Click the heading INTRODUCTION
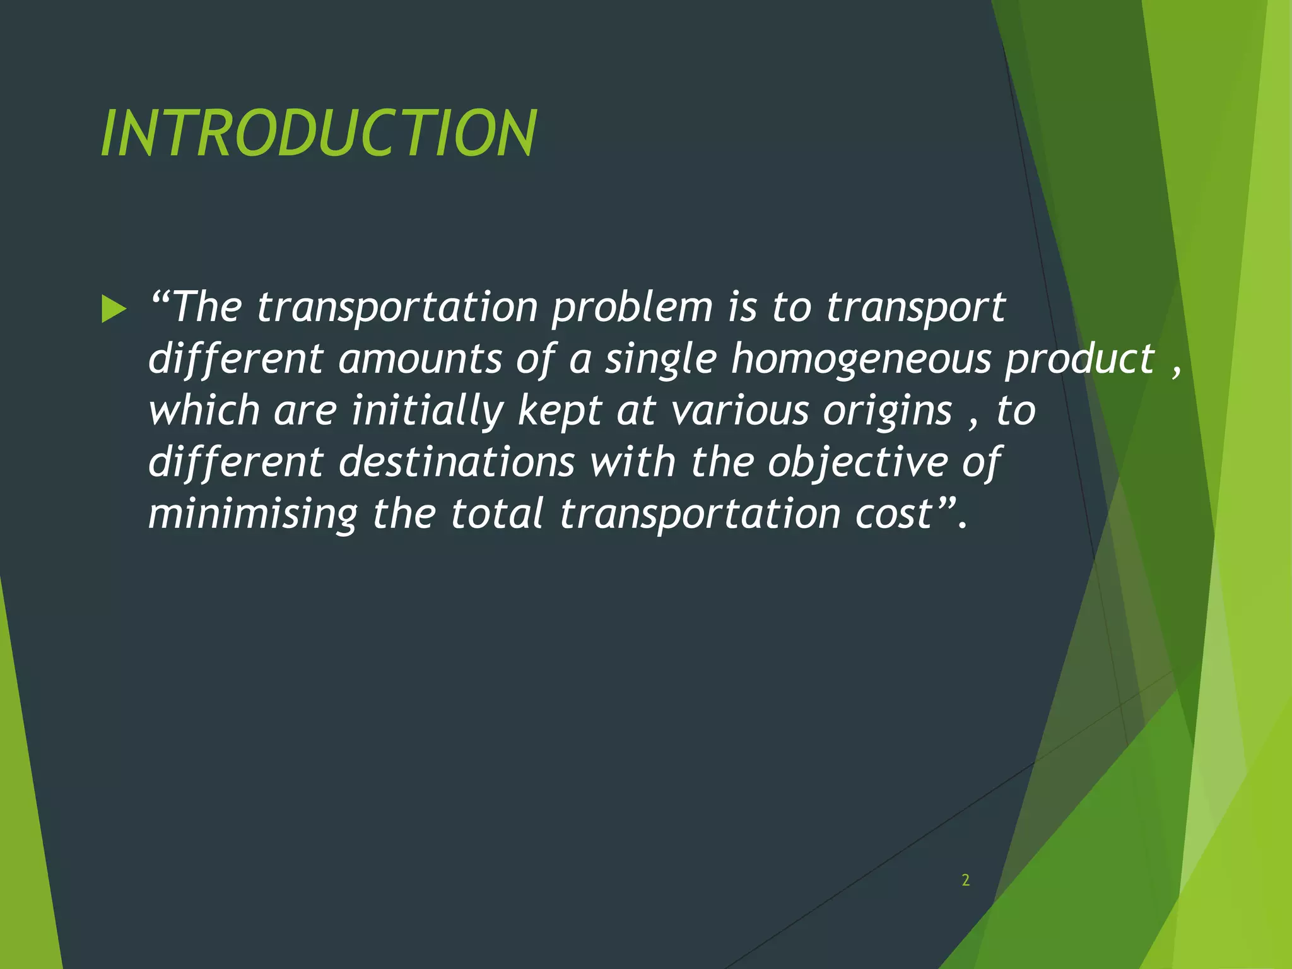click(x=319, y=134)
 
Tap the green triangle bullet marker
click(x=114, y=310)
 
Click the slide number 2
click(x=965, y=880)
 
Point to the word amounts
click(x=420, y=360)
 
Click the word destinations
click(x=457, y=462)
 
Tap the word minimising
click(x=253, y=514)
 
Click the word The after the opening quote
click(x=206, y=308)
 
